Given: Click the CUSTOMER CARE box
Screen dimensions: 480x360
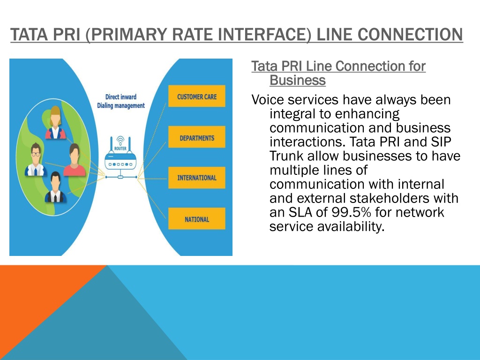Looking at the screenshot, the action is point(196,96).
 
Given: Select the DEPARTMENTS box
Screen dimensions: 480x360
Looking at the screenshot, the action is point(196,137).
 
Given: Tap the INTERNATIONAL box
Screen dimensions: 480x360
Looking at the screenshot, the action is point(196,178).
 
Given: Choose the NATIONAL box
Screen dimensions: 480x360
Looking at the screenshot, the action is point(196,219).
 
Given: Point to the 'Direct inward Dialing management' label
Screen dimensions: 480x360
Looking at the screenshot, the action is point(121,101).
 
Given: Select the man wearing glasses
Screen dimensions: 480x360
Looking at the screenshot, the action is point(36,159).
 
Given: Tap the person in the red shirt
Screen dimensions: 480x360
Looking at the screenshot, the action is point(75,160).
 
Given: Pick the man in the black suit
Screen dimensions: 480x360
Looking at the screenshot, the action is point(55,187).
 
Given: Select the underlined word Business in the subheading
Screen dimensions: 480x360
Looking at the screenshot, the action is point(298,80).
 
